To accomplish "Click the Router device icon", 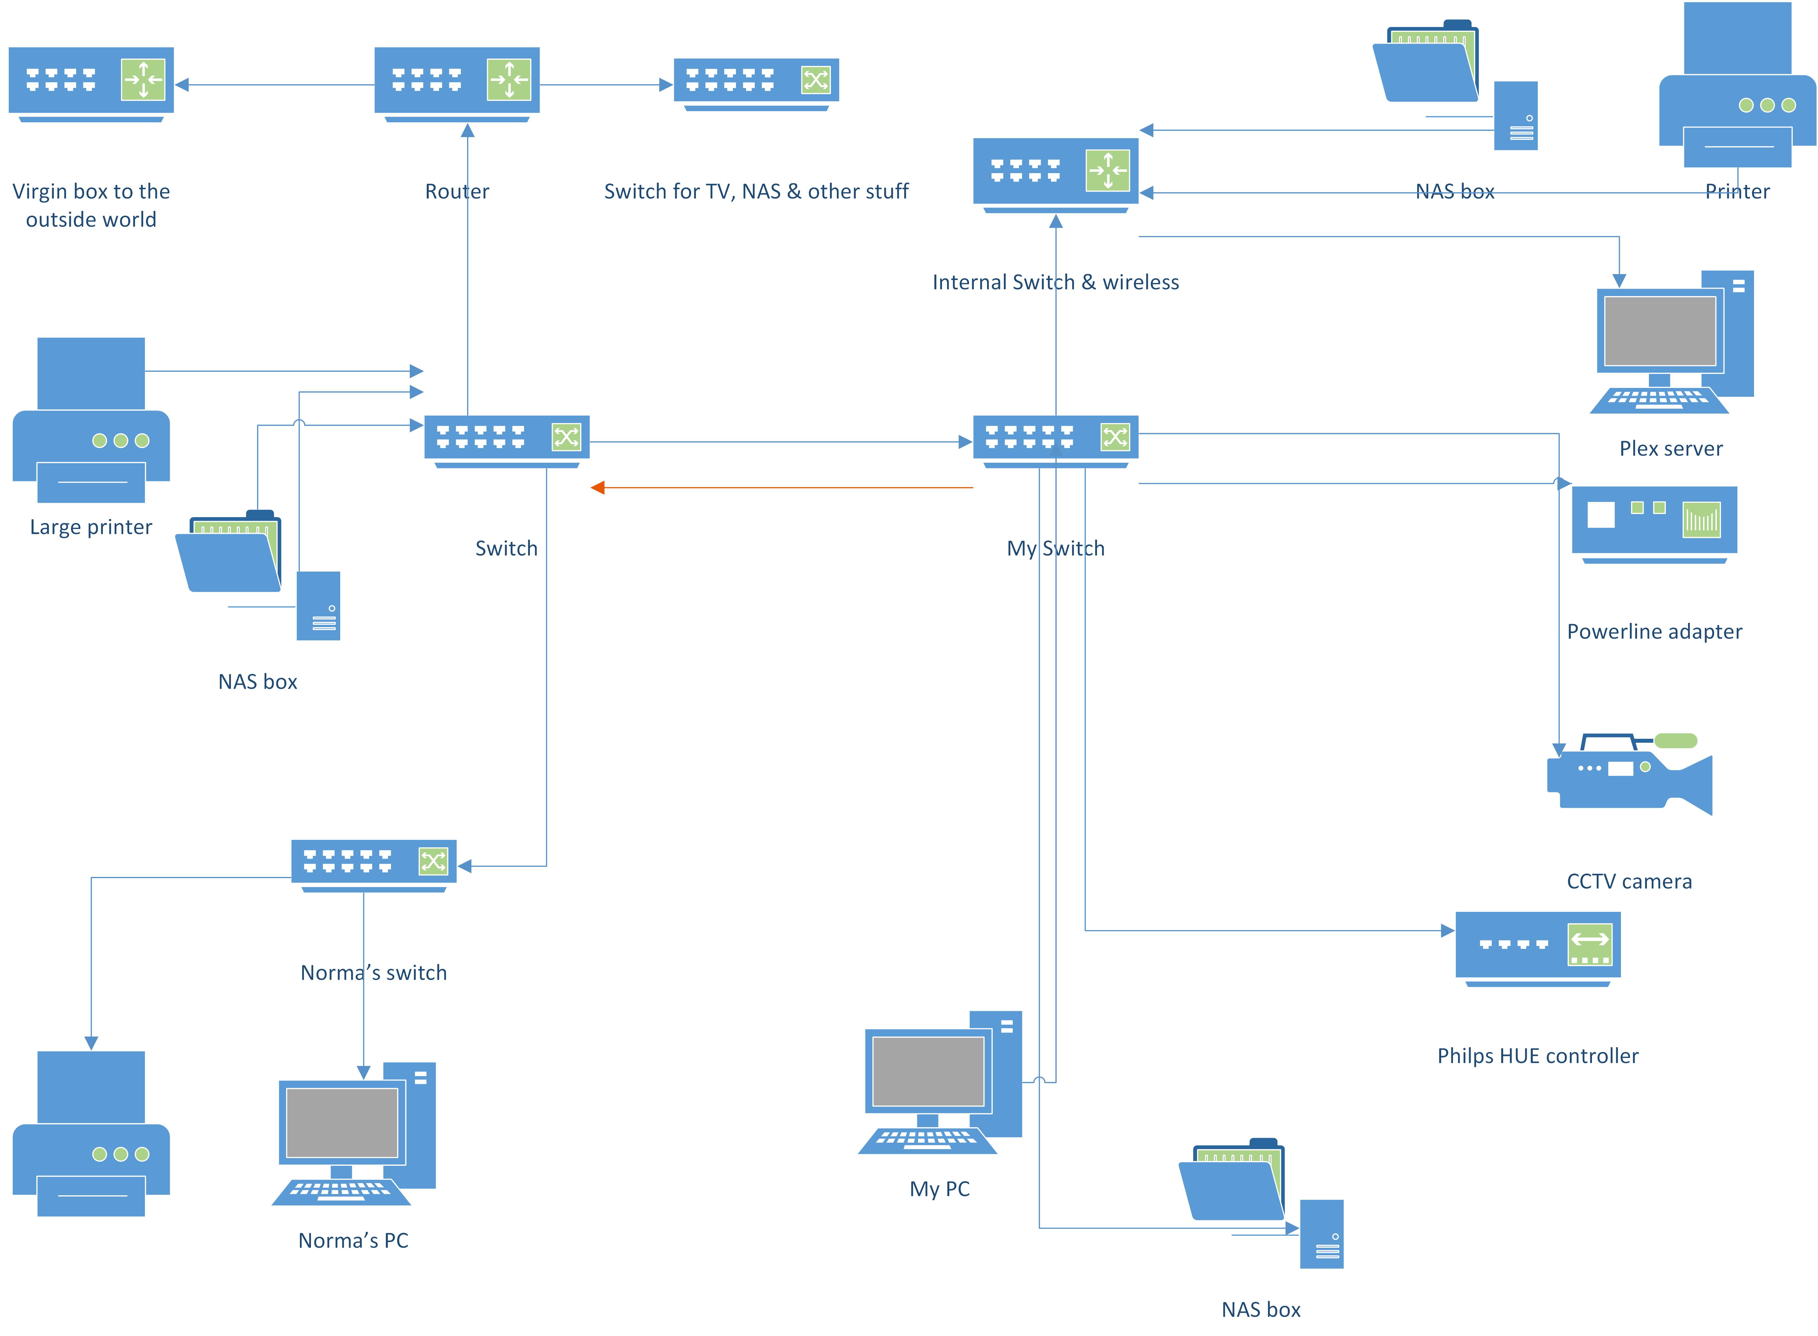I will pos(457,83).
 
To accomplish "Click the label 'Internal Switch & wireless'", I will pos(1055,282).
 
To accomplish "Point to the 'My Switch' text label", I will pos(1055,548).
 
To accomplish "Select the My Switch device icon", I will pos(1055,441).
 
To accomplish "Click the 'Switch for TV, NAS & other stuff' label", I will pos(756,192).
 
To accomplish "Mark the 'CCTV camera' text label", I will pos(1628,881).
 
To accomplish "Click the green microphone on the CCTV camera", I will pos(1675,741).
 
